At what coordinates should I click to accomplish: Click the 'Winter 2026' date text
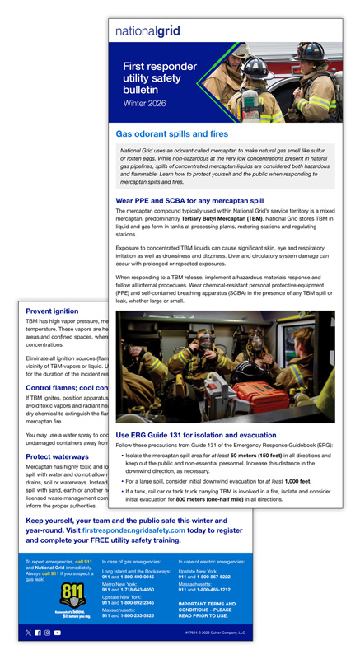click(145, 105)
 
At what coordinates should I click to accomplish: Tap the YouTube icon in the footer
click(57, 633)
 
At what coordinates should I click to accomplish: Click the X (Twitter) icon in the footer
click(29, 633)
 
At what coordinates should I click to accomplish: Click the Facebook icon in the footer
click(38, 633)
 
